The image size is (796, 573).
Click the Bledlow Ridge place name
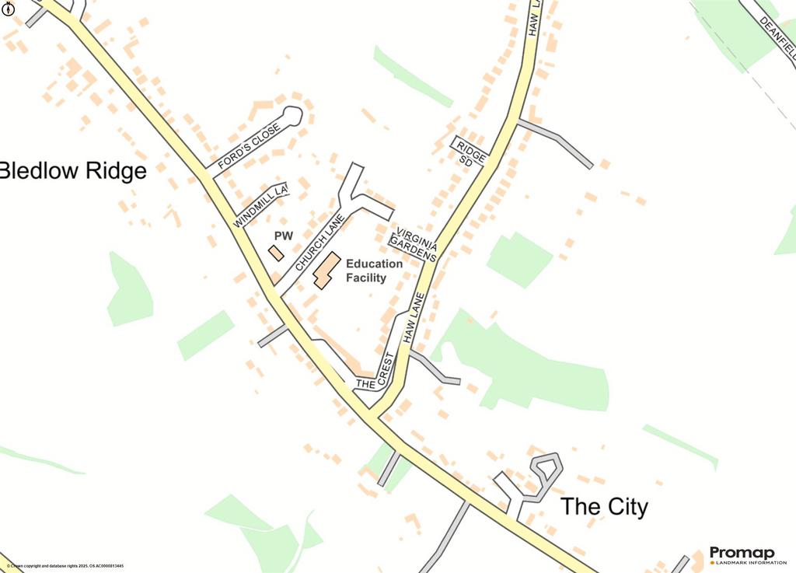click(x=73, y=171)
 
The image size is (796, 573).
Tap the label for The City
click(x=604, y=508)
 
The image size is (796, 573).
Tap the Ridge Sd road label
click(x=470, y=152)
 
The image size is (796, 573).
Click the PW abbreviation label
click(x=283, y=236)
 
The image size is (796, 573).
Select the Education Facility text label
click(x=374, y=271)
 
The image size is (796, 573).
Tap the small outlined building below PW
click(x=276, y=253)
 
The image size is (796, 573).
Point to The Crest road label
click(x=376, y=373)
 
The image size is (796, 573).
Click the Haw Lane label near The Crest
click(x=414, y=318)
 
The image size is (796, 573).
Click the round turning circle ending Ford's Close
click(x=292, y=117)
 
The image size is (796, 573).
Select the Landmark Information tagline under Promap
click(x=747, y=563)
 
